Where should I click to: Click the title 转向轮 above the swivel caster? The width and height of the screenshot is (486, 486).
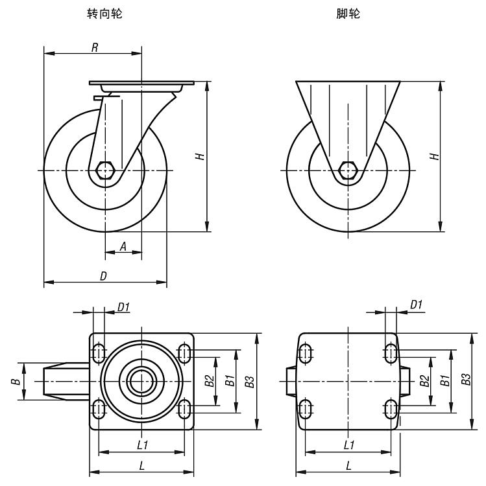click(104, 14)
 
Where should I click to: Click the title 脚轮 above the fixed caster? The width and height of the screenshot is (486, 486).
click(348, 14)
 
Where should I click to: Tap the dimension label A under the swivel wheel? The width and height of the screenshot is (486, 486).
click(123, 246)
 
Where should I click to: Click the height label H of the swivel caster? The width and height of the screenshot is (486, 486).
click(201, 156)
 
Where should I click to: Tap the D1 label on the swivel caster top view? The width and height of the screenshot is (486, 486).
click(123, 307)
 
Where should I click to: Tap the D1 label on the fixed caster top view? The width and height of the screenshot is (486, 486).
click(416, 305)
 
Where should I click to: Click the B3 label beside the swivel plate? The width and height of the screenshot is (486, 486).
click(249, 382)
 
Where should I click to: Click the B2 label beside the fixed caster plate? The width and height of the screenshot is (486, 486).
click(424, 381)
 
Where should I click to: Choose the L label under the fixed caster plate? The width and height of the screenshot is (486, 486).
click(348, 465)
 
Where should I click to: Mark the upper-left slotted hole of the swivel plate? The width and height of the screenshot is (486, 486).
click(99, 353)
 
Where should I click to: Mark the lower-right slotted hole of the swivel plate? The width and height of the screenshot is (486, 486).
click(184, 409)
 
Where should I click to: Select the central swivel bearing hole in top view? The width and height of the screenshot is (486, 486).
click(141, 381)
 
